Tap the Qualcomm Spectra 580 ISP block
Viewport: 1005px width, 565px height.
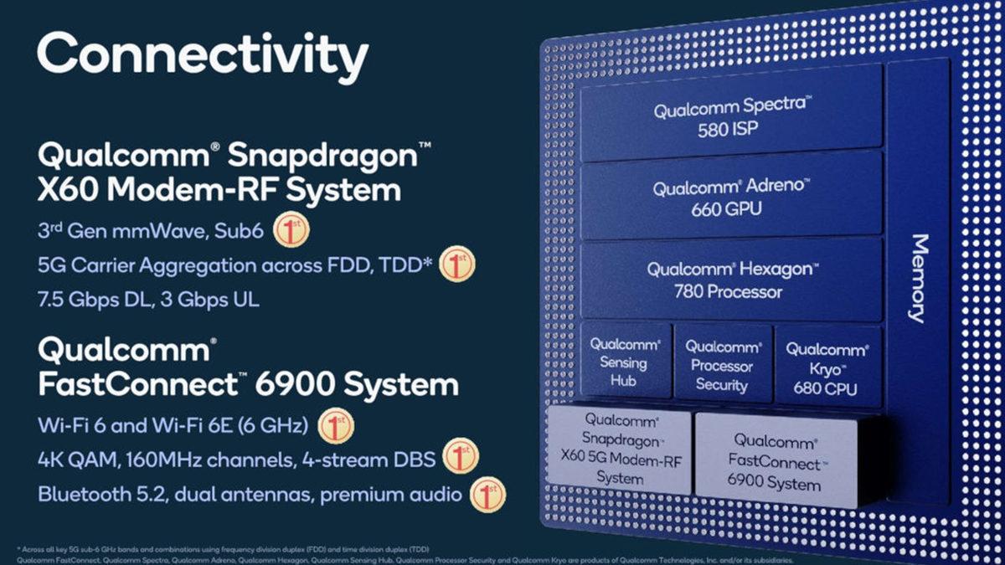(731, 117)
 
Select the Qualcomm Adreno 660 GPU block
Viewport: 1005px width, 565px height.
(731, 198)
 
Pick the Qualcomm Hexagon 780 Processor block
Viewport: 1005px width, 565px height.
(731, 280)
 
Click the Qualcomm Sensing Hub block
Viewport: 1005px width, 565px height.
(624, 362)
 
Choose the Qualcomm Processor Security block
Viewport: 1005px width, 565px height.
(722, 365)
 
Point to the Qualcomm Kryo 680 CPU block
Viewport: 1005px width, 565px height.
(827, 368)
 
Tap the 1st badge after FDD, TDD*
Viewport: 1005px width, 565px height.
(457, 265)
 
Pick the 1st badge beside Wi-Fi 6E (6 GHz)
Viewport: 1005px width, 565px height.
(337, 425)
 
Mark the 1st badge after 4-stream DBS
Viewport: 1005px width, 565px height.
(459, 457)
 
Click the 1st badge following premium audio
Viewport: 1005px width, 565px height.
(487, 494)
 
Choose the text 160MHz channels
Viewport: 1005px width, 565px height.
(201, 459)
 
